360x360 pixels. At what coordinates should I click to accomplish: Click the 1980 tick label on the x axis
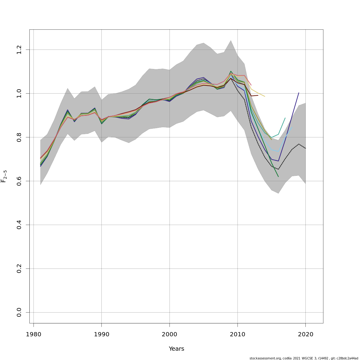point(33,334)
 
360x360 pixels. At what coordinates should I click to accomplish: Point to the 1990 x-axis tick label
point(101,334)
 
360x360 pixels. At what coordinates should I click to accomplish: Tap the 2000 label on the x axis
point(169,334)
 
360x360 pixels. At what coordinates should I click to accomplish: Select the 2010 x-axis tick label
point(238,334)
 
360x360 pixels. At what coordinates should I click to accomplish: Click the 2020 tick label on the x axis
point(305,334)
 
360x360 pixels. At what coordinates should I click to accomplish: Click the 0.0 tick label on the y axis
point(19,312)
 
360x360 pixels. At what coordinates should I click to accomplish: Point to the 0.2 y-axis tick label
point(19,268)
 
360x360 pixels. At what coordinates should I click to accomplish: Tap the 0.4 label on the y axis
point(19,225)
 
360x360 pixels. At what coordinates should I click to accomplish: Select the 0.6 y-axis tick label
point(19,181)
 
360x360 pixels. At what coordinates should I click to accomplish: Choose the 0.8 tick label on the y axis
point(19,137)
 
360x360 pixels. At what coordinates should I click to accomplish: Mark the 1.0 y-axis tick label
point(19,93)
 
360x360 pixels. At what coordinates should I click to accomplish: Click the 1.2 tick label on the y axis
point(19,49)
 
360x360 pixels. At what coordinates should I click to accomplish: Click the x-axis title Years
point(176,349)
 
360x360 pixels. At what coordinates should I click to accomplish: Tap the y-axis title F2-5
point(4,176)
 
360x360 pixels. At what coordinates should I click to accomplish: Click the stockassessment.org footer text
point(304,358)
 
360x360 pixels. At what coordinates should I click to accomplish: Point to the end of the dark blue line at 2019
point(299,93)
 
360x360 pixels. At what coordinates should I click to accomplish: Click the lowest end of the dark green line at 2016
point(278,177)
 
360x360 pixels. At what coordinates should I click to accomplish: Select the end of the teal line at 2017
point(285,118)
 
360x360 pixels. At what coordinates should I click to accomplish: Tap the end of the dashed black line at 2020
point(305,148)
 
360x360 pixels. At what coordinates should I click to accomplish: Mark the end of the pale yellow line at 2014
point(265,96)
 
